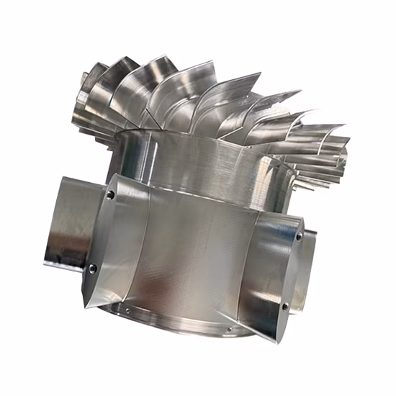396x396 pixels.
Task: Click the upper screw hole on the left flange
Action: [x=109, y=194]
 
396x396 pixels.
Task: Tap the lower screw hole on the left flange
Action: [x=93, y=269]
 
